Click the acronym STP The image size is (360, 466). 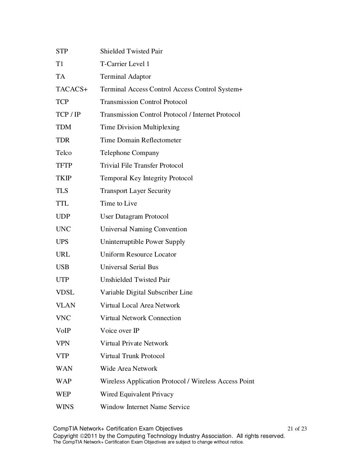(x=62, y=51)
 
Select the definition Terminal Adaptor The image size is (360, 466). (x=126, y=77)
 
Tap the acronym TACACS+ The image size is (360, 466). (x=72, y=89)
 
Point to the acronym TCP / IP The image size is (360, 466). (x=68, y=115)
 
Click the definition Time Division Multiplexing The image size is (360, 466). (x=140, y=127)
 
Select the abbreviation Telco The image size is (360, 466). (x=64, y=153)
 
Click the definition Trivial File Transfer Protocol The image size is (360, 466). (x=142, y=166)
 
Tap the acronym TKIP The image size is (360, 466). (x=64, y=178)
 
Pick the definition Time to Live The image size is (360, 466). (x=118, y=203)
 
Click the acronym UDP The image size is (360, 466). (x=63, y=216)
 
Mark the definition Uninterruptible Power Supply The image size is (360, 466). (x=142, y=242)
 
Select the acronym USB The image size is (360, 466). (x=63, y=267)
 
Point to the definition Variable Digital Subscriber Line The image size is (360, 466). (x=146, y=292)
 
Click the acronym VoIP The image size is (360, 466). (x=63, y=331)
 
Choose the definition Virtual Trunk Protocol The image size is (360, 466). (x=132, y=356)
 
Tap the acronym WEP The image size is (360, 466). (x=63, y=394)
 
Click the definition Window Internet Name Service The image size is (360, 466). (x=145, y=407)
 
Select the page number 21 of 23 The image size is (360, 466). (x=297, y=429)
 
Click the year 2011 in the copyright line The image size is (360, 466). (x=90, y=436)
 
